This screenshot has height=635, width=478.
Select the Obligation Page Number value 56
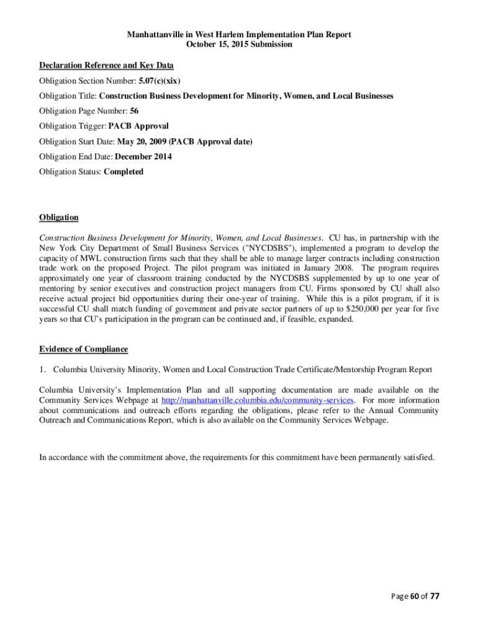coord(134,111)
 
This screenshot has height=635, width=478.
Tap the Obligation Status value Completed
coord(124,172)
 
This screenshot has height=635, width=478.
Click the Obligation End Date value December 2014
coord(143,157)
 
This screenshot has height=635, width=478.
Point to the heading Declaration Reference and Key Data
coord(106,66)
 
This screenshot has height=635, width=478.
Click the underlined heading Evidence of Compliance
coord(83,350)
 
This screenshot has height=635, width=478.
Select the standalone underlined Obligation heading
coord(59,218)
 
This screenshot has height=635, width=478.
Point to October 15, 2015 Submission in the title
coord(239,45)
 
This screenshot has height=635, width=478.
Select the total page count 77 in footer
coord(435,597)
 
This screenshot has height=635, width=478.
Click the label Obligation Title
coord(67,96)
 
